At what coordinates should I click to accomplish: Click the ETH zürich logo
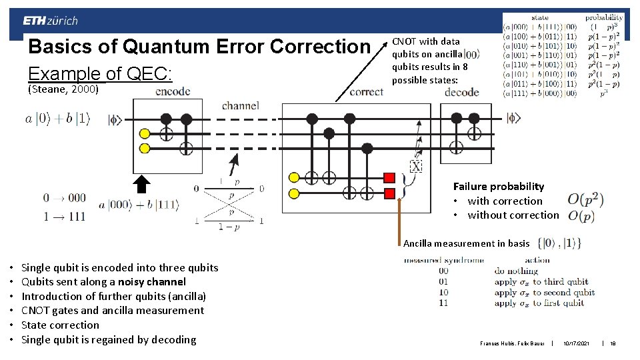point(50,21)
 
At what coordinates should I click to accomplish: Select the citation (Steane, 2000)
point(63,89)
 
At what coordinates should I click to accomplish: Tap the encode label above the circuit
point(172,92)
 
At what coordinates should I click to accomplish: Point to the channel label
point(241,105)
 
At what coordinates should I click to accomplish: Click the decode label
point(462,92)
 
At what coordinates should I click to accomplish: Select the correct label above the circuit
point(366,92)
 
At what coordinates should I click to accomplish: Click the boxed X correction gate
point(416,165)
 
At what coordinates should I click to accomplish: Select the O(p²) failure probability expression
point(581,199)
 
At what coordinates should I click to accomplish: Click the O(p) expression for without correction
point(580,216)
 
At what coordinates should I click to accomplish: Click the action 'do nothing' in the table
point(516,271)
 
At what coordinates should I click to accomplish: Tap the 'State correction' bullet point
point(60,325)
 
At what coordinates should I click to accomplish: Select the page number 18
point(612,343)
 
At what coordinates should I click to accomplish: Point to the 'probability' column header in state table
point(604,17)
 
